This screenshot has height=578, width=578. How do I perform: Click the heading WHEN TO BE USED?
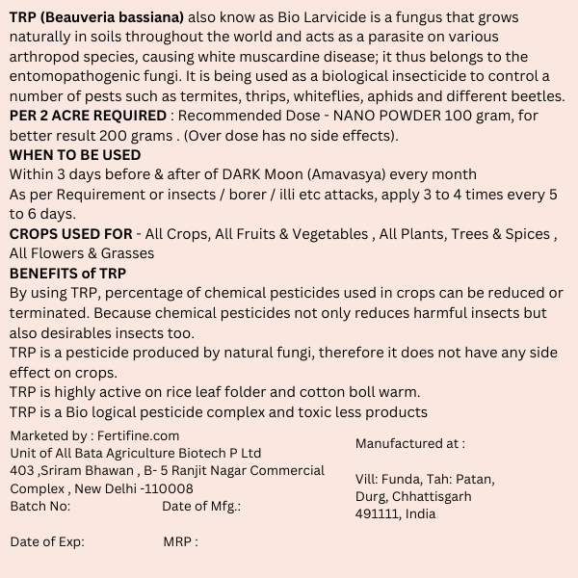pos(75,155)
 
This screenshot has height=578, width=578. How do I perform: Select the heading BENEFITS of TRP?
pos(68,273)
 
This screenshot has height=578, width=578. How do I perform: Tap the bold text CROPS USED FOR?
pos(71,234)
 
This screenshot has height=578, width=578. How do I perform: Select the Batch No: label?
pos(40,505)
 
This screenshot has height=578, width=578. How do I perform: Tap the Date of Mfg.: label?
pos(201,505)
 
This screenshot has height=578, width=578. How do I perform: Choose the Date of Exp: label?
pos(47,541)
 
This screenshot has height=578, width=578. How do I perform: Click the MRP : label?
pos(181,541)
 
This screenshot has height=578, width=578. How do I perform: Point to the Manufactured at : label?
pos(410,443)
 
